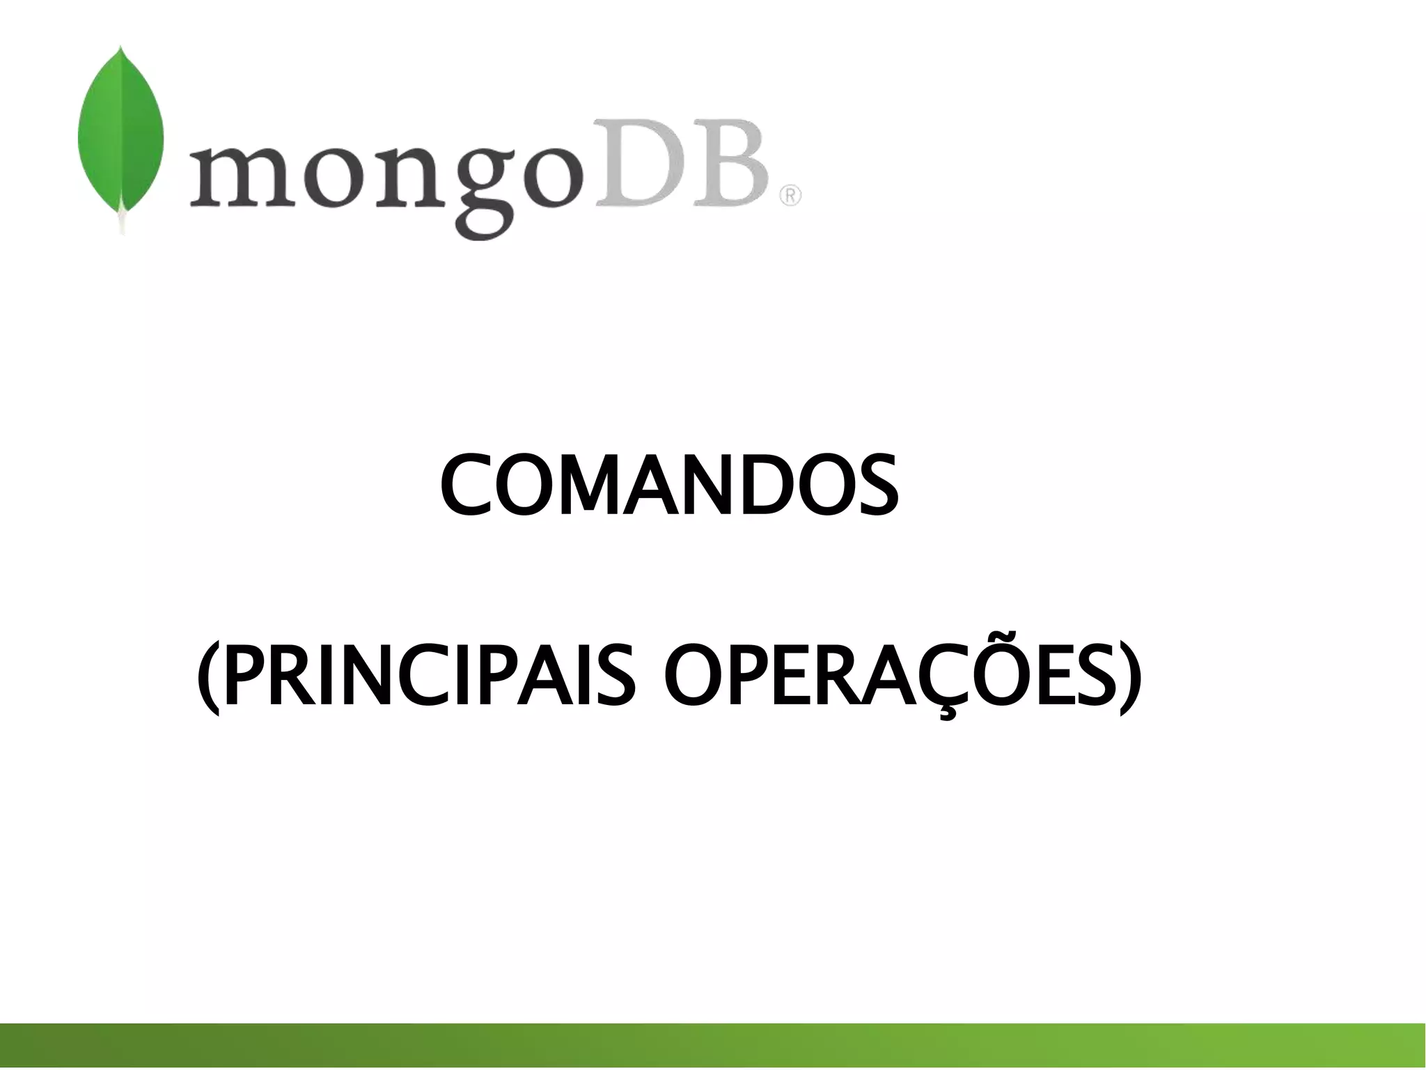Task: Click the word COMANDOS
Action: pos(669,486)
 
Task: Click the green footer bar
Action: pos(713,1044)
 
